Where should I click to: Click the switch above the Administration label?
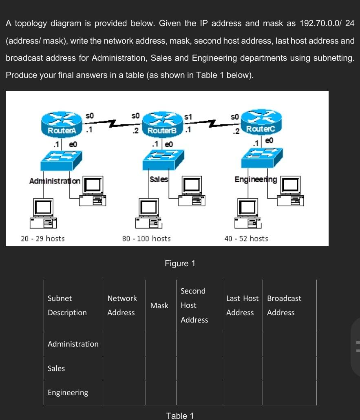[x=61, y=160]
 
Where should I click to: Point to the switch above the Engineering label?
[x=261, y=159]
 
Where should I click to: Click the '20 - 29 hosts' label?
[x=43, y=239]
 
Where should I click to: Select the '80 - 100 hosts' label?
[x=146, y=239]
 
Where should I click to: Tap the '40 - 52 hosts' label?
[x=246, y=239]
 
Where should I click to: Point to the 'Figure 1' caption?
[x=180, y=263]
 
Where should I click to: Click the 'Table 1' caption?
[x=180, y=416]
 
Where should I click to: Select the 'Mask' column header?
[x=159, y=305]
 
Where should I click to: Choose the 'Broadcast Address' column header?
[x=284, y=305]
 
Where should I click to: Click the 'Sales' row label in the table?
[x=56, y=368]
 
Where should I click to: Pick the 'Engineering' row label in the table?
[x=68, y=393]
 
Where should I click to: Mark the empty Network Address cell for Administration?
[x=124, y=344]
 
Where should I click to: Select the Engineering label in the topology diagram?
[x=256, y=179]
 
